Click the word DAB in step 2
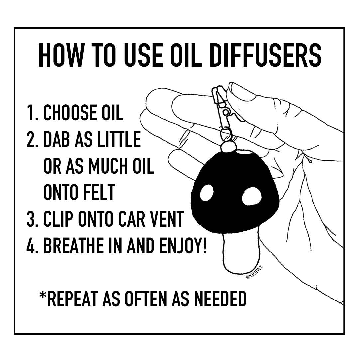57,139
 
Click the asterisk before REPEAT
43,295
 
